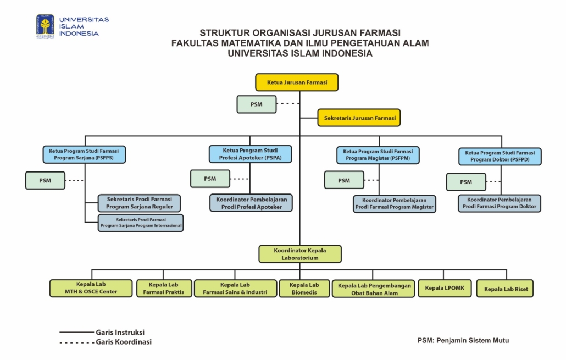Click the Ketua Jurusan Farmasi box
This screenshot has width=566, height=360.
[x=297, y=82]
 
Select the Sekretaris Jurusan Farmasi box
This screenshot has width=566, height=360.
[x=359, y=118]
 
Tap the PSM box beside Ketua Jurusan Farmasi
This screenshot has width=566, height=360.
[x=257, y=104]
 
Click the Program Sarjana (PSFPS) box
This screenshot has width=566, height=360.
[x=84, y=154]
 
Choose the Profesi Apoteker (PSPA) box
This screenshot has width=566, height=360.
[x=250, y=154]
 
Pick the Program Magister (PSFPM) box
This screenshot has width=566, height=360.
[x=378, y=155]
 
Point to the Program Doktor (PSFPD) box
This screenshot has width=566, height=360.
[x=500, y=156]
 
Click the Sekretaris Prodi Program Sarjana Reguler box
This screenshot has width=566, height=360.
[x=140, y=203]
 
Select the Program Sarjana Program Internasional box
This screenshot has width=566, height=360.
[x=141, y=223]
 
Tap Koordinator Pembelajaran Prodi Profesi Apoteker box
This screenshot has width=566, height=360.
[x=251, y=203]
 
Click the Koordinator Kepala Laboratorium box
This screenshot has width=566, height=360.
[x=300, y=254]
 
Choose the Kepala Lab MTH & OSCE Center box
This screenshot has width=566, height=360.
[x=91, y=288]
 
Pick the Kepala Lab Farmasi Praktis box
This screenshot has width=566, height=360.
[x=164, y=289]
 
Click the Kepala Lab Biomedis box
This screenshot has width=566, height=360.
[x=304, y=289]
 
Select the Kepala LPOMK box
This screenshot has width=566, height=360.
[x=445, y=288]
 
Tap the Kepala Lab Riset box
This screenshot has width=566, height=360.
[x=505, y=289]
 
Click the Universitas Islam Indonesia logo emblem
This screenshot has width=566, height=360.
[x=45, y=26]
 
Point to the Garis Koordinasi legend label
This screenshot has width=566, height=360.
[x=124, y=342]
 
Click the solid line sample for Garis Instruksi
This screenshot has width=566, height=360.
[x=76, y=332]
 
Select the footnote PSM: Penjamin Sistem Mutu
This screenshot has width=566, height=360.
[x=463, y=341]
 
